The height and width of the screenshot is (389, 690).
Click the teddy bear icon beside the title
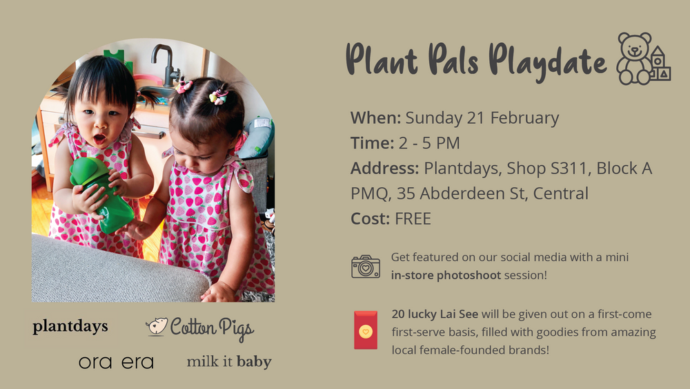634,58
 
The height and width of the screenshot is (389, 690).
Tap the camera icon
365,267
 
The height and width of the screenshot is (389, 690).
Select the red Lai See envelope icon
366,330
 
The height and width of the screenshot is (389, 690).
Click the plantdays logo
70,327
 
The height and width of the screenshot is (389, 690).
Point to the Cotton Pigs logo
200,328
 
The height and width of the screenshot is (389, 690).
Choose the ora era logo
116,363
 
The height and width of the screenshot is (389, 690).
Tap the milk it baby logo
229,361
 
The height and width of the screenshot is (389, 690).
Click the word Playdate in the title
548,61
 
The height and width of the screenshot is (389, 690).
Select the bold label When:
375,118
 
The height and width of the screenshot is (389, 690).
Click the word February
524,118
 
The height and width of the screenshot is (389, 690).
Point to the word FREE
413,219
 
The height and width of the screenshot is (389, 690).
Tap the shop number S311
571,169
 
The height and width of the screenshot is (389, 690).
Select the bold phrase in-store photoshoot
446,275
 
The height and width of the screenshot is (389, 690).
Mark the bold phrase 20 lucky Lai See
435,314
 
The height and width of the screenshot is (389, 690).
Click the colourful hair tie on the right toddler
218,96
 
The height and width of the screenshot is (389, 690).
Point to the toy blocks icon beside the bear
660,64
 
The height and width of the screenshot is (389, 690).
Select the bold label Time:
372,143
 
